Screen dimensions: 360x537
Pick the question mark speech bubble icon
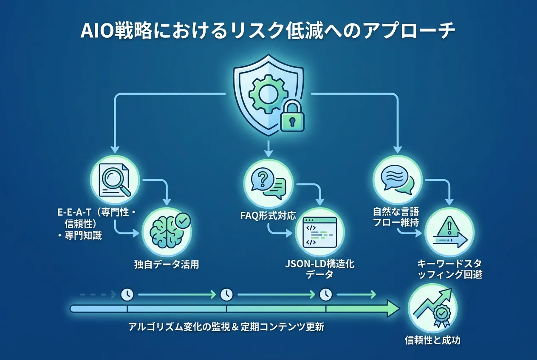(268, 181)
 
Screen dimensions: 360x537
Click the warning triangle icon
(449, 232)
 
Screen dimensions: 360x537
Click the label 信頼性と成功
(432, 340)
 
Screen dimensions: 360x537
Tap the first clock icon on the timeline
(127, 293)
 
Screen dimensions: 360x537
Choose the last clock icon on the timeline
(326, 293)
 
